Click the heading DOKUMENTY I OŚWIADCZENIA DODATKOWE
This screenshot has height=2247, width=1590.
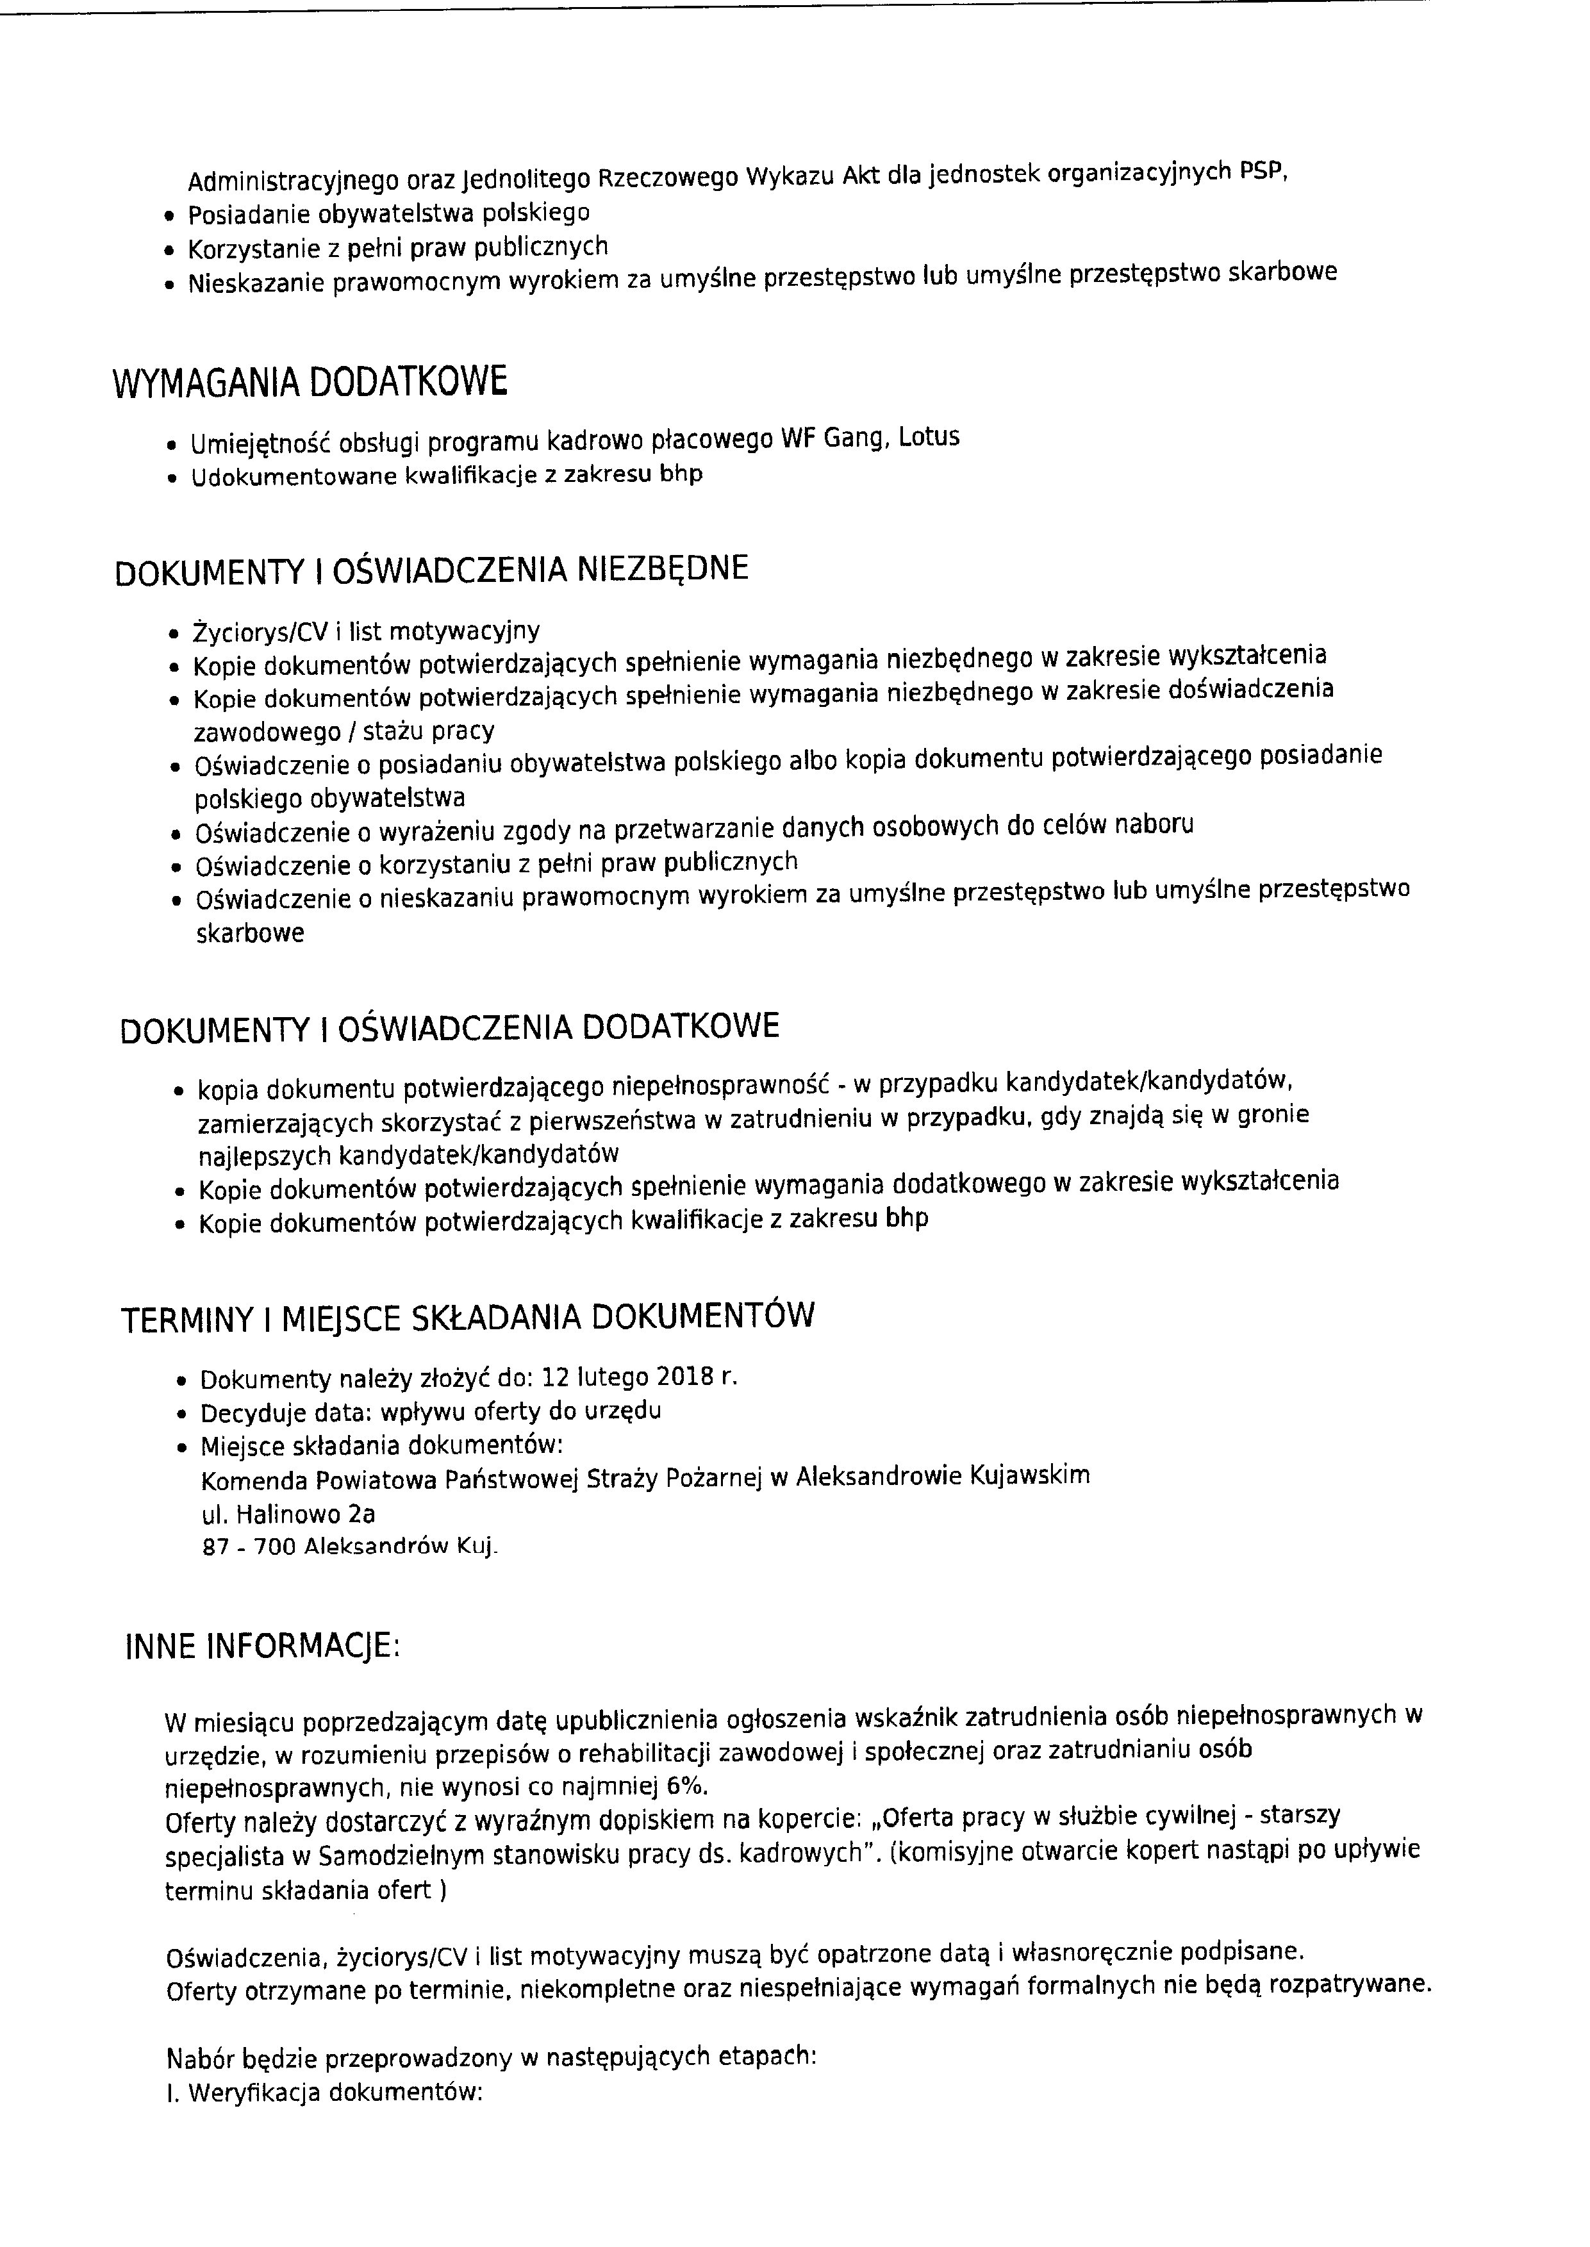pos(449,1028)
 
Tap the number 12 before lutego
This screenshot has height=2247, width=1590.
pos(555,1377)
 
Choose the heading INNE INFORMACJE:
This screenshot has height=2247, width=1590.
pos(262,1647)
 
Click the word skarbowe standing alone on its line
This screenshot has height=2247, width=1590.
pos(250,933)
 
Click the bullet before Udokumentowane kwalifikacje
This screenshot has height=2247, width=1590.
pos(172,480)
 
